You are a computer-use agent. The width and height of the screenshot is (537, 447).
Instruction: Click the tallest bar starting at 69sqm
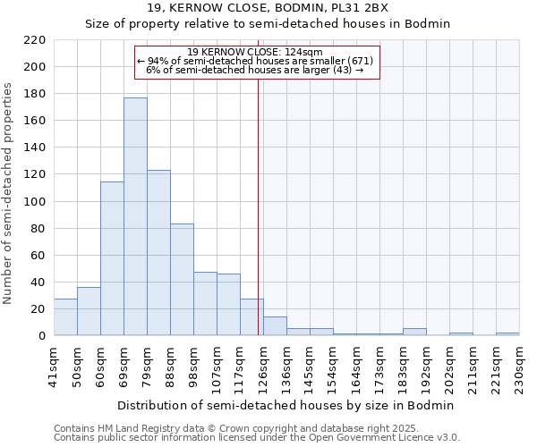click(x=135, y=216)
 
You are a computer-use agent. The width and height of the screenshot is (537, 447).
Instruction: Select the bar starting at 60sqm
click(x=112, y=258)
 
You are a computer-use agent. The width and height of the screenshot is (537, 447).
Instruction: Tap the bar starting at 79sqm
click(x=158, y=252)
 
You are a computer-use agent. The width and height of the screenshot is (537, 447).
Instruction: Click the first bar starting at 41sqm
click(x=65, y=317)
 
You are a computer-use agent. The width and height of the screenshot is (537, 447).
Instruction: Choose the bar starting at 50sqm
click(x=89, y=311)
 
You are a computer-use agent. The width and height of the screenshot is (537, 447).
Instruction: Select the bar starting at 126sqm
click(x=275, y=326)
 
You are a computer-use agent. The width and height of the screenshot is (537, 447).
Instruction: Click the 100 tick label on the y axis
click(x=37, y=201)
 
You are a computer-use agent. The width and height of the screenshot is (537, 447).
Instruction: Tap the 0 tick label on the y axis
click(x=42, y=336)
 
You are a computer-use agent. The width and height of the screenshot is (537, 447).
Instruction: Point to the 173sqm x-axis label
click(x=379, y=366)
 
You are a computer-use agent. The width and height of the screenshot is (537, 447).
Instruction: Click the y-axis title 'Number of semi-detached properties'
click(x=9, y=193)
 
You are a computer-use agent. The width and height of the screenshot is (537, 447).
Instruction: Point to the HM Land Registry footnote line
click(x=230, y=428)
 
